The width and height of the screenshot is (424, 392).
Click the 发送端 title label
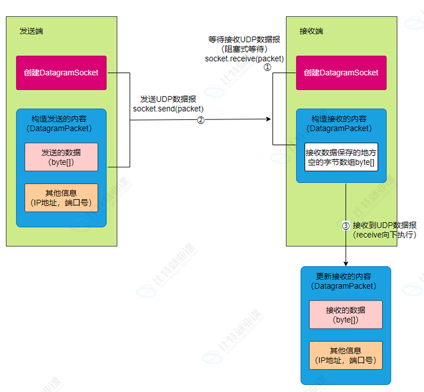(x=31, y=31)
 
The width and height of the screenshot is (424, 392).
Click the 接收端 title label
(x=311, y=31)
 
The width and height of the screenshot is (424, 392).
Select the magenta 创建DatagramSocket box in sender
(x=61, y=73)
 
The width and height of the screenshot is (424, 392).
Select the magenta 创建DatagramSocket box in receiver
(x=341, y=73)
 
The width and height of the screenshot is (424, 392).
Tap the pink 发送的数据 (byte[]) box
(x=61, y=157)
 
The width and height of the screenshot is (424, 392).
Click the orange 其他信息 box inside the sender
(x=61, y=198)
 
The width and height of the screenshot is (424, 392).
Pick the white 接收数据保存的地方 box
(x=341, y=158)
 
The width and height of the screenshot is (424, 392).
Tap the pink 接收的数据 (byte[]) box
(x=345, y=315)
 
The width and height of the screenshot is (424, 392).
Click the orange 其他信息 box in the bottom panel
(x=345, y=355)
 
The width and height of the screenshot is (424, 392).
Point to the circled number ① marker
(x=267, y=67)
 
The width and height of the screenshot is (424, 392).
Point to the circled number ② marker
(x=200, y=120)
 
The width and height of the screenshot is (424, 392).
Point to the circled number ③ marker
(x=346, y=226)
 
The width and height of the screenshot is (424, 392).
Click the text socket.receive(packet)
(x=244, y=59)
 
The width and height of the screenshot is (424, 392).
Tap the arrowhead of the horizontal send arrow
(x=268, y=119)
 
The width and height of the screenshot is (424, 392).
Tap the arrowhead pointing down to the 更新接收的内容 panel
(x=346, y=263)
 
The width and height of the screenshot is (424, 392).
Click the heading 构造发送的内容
(x=61, y=119)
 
